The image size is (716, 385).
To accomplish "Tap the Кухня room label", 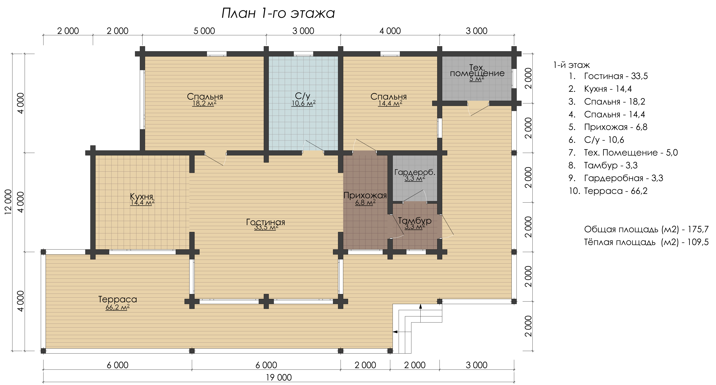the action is pos(141,196).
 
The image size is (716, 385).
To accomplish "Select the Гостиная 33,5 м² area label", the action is pos(266,227).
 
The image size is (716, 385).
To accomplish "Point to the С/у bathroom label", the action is pos(303,96).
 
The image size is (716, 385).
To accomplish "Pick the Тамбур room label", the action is pos(415,221).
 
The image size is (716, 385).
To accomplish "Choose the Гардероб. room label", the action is pos(415,172).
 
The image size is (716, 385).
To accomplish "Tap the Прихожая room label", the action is pos(365,195).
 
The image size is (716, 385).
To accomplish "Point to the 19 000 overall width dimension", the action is pos(279,377).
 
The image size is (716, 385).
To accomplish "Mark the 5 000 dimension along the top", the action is pos(204,31).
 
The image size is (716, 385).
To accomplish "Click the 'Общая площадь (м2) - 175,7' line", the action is pos(646,229).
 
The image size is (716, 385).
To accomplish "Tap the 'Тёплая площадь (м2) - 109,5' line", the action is pos(646,242).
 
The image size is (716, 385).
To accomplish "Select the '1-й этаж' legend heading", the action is pos(571,65).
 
